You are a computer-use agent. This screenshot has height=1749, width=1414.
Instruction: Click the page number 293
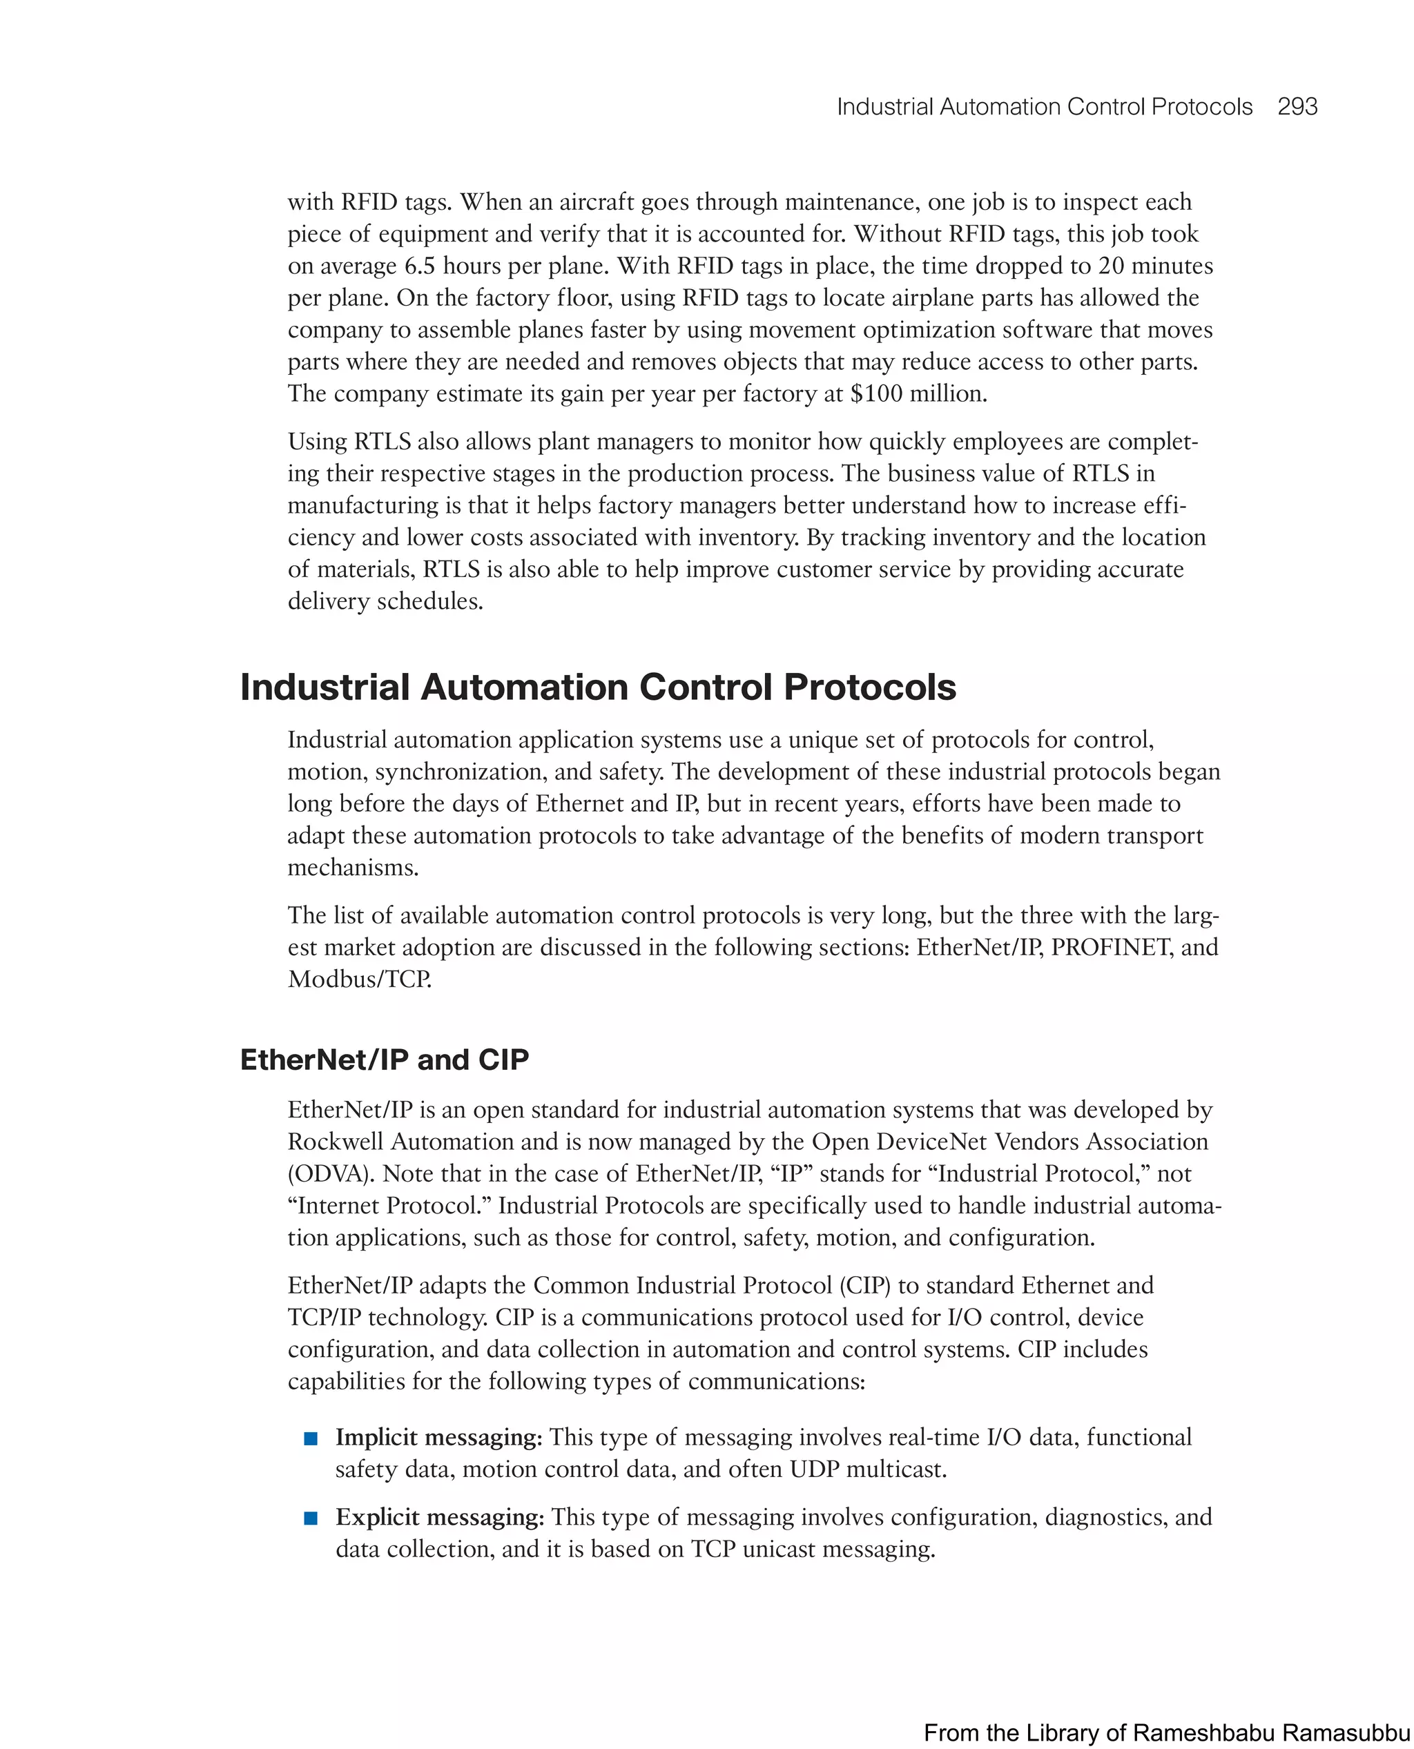(1297, 107)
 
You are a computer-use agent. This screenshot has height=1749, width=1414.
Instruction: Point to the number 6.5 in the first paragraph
(420, 266)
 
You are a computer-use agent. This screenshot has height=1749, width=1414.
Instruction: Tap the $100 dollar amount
(875, 394)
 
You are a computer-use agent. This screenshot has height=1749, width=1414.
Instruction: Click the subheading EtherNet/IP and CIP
(385, 1059)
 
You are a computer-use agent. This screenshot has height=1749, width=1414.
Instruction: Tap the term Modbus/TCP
(358, 979)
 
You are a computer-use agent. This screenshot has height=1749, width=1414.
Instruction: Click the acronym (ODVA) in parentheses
(331, 1173)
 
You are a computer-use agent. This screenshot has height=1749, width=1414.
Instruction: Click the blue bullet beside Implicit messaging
(310, 1439)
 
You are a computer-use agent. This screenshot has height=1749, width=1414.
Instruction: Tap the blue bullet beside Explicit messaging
(310, 1518)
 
